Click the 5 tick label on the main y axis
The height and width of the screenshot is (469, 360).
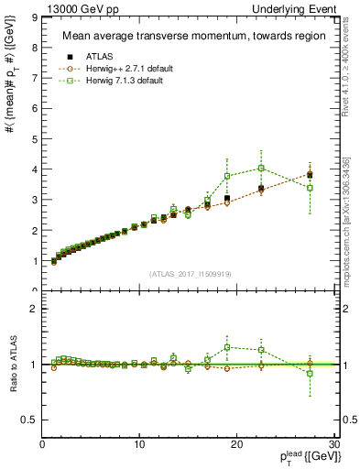tap(35, 139)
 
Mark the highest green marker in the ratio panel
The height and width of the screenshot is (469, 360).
tap(227, 347)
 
